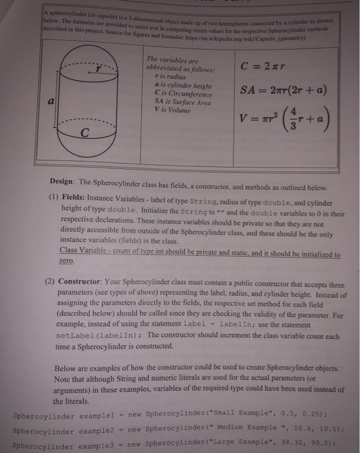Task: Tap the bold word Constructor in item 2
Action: click(x=87, y=282)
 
